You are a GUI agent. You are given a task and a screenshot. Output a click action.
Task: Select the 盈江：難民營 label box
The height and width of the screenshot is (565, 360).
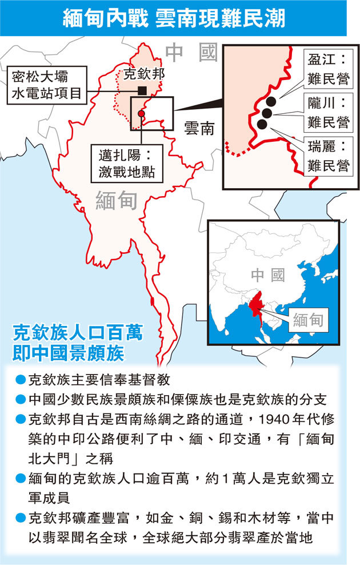pos(327,69)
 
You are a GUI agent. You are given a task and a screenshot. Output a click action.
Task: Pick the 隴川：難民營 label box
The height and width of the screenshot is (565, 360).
pos(327,113)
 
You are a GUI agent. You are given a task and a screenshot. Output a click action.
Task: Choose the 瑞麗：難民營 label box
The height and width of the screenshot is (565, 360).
pos(327,156)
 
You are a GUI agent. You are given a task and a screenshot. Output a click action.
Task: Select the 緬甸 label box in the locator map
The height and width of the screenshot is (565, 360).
pos(309,321)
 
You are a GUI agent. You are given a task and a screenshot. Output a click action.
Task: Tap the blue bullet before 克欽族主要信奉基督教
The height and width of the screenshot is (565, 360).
pos(21,379)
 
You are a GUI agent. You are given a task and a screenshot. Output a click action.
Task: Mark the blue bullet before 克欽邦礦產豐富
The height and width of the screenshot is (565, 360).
pos(21,519)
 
